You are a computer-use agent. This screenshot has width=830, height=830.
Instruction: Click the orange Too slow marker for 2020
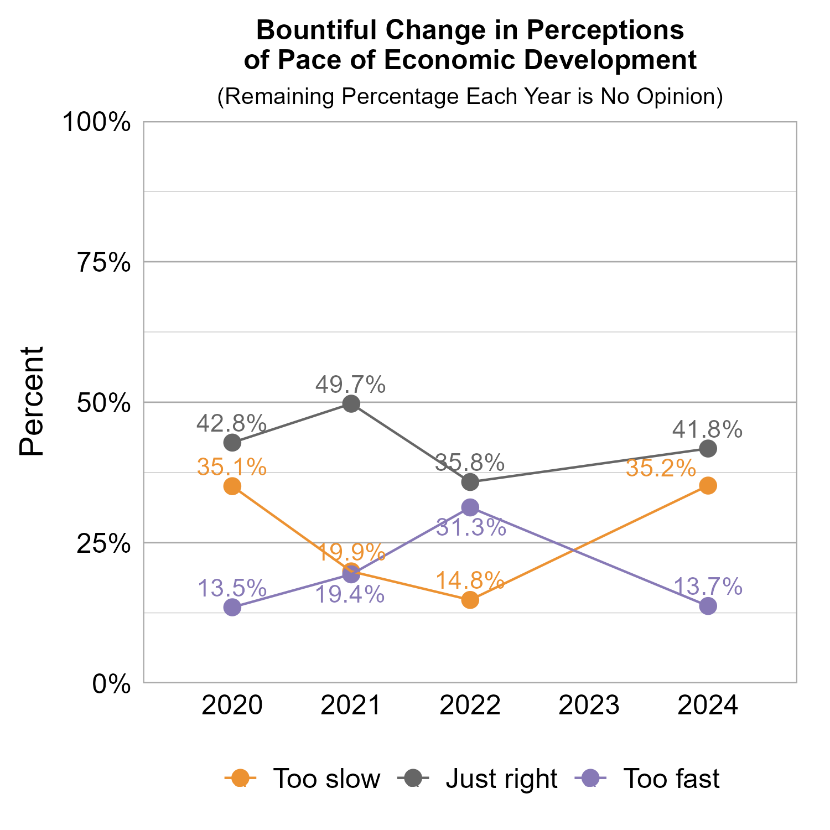pyautogui.click(x=232, y=486)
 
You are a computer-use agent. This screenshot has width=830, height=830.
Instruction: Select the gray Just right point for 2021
pyautogui.click(x=351, y=404)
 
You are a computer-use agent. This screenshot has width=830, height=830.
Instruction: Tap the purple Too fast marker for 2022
pyautogui.click(x=470, y=507)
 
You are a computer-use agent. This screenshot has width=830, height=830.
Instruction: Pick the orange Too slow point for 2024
pyautogui.click(x=708, y=486)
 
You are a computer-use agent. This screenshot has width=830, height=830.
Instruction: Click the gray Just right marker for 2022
pyautogui.click(x=470, y=482)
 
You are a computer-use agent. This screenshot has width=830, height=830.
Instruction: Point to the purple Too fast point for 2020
pyautogui.click(x=232, y=608)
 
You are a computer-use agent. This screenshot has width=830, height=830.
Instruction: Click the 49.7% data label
pyautogui.click(x=350, y=385)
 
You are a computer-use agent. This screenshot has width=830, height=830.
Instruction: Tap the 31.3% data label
pyautogui.click(x=471, y=527)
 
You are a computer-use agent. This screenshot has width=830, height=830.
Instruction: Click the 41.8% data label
pyautogui.click(x=707, y=429)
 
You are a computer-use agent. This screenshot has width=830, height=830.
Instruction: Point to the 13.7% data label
pyautogui.click(x=708, y=587)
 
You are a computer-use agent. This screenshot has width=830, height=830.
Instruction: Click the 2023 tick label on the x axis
pyautogui.click(x=589, y=706)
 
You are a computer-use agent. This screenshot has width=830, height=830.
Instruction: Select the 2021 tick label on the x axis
pyautogui.click(x=351, y=706)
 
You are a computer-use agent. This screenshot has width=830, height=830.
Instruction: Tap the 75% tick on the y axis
pyautogui.click(x=103, y=262)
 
